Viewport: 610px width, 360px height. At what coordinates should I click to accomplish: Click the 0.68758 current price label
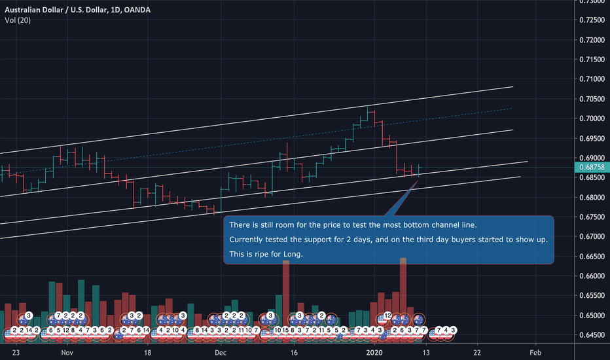[592, 168]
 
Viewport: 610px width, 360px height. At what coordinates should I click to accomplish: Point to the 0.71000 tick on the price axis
[592, 79]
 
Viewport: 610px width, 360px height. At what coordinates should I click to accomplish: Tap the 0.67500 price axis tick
[592, 217]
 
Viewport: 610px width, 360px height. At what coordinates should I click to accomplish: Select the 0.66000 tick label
[592, 276]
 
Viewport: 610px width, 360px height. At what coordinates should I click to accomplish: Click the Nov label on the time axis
[67, 352]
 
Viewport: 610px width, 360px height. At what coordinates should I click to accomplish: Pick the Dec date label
[220, 352]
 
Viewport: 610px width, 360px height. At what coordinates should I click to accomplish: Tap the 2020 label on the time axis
[374, 352]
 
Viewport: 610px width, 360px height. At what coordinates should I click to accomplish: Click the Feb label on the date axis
[535, 352]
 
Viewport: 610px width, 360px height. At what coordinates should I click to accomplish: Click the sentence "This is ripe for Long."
[266, 253]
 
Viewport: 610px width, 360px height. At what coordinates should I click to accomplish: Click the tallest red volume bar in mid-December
[285, 288]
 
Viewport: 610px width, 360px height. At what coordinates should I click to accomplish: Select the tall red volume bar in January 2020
[403, 288]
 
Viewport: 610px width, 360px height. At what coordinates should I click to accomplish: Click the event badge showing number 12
[387, 315]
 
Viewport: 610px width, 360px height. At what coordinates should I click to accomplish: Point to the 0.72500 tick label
[592, 20]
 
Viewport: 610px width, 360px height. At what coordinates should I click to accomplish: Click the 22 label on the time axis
[478, 352]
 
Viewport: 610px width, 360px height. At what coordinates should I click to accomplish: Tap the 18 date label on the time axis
[148, 352]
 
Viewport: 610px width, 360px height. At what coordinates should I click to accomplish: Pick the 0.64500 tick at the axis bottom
[592, 334]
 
